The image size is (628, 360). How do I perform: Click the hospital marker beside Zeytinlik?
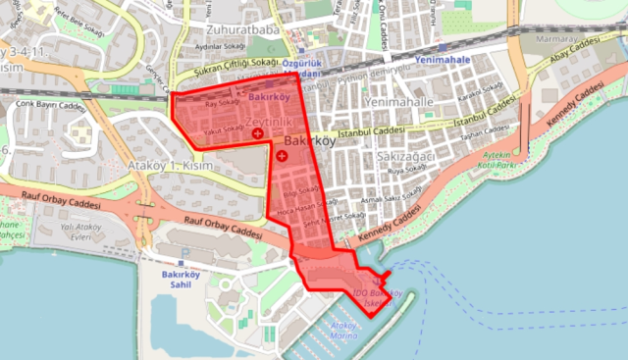click(x=257, y=131)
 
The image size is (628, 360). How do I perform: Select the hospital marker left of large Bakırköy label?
click(x=283, y=155)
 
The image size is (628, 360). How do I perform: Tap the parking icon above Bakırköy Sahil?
click(x=182, y=263)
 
